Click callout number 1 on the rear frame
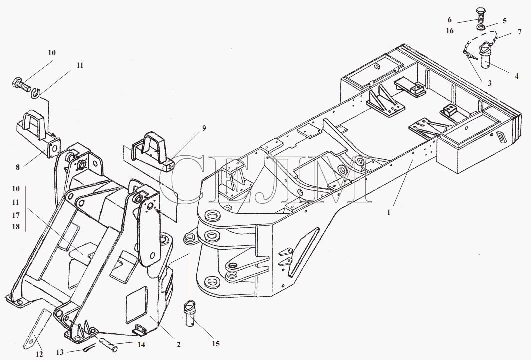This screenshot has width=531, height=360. pyautogui.click(x=389, y=212)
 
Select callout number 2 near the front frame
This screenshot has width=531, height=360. pyautogui.click(x=178, y=345)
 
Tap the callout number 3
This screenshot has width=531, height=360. pyautogui.click(x=489, y=83)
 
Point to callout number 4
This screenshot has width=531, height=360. pyautogui.click(x=516, y=76)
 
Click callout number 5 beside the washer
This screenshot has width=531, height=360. pyautogui.click(x=504, y=21)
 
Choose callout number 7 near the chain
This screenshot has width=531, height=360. pyautogui.click(x=519, y=32)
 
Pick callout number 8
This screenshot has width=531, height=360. pyautogui.click(x=18, y=167)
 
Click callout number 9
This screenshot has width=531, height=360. pyautogui.click(x=204, y=128)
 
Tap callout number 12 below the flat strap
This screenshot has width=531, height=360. pyautogui.click(x=39, y=354)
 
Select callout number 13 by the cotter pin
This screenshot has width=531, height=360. pyautogui.click(x=60, y=353)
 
